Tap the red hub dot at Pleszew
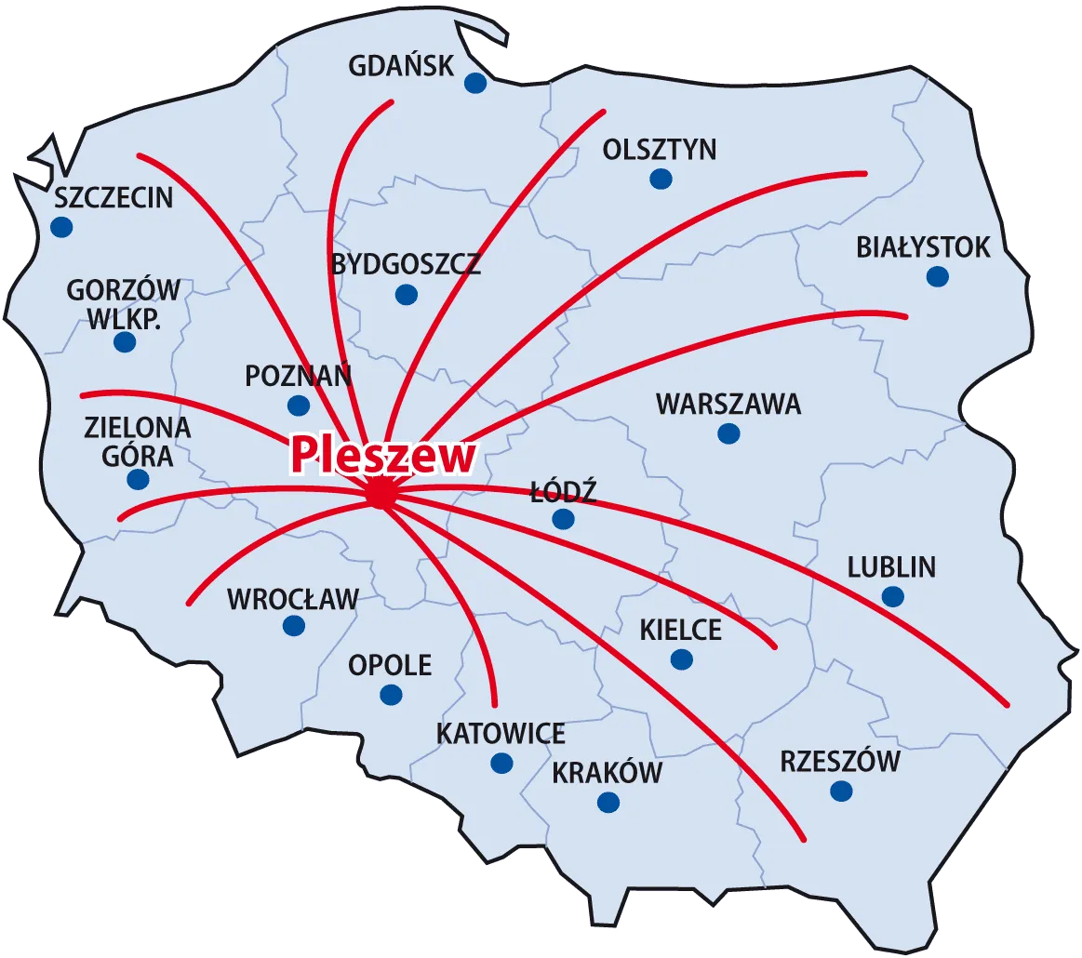tap(381, 494)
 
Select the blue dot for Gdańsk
tap(475, 83)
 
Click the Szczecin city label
tap(114, 198)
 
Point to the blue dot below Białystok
tap(937, 276)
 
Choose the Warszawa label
tap(728, 405)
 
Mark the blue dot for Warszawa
tap(728, 433)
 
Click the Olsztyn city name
tap(660, 150)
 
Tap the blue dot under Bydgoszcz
tap(406, 295)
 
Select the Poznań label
tap(298, 377)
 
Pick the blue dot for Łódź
tap(563, 519)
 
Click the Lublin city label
tap(891, 567)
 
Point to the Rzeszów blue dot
tap(841, 792)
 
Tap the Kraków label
tap(608, 773)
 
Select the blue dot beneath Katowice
tap(501, 764)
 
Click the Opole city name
tap(390, 665)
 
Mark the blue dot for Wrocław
tap(293, 626)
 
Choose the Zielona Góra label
tap(138, 441)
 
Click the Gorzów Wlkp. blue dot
tap(125, 341)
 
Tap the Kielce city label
tap(681, 630)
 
